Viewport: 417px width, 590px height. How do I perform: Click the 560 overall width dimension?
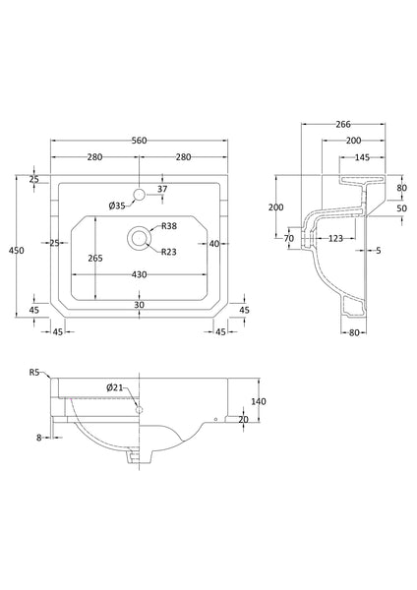pyautogui.click(x=139, y=141)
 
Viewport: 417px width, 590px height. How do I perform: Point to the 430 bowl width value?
pyautogui.click(x=139, y=275)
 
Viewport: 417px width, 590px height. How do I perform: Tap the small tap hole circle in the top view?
pyautogui.click(x=139, y=195)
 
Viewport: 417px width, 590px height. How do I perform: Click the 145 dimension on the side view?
pyautogui.click(x=362, y=157)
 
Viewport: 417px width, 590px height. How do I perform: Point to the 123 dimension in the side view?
pyautogui.click(x=335, y=239)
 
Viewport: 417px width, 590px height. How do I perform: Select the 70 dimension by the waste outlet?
pyautogui.click(x=289, y=239)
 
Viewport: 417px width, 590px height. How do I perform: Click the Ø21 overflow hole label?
pyautogui.click(x=115, y=388)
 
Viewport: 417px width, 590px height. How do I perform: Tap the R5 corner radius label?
pyautogui.click(x=34, y=373)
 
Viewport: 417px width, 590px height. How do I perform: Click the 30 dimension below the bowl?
pyautogui.click(x=139, y=304)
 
